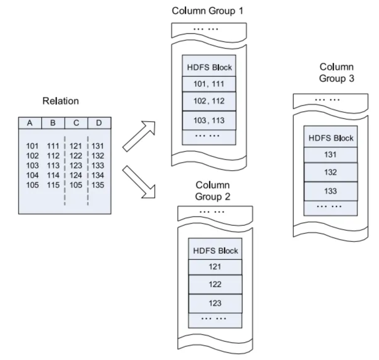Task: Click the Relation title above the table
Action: pyautogui.click(x=61, y=101)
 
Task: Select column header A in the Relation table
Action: pyautogui.click(x=29, y=123)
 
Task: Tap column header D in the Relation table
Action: pyautogui.click(x=99, y=123)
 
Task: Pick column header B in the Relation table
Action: pyautogui.click(x=53, y=123)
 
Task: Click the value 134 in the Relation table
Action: pyautogui.click(x=98, y=175)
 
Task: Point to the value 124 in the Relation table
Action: pyautogui.click(x=76, y=175)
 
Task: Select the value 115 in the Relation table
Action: pyautogui.click(x=53, y=185)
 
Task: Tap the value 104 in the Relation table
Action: pyautogui.click(x=32, y=175)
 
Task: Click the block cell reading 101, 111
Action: pyautogui.click(x=209, y=84)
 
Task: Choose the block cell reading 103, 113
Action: pyautogui.click(x=209, y=121)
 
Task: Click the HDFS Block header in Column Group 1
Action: pyautogui.click(x=209, y=67)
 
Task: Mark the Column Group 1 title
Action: pyautogui.click(x=208, y=11)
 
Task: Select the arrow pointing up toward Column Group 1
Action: pyautogui.click(x=139, y=135)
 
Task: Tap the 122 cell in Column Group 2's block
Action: pyautogui.click(x=215, y=285)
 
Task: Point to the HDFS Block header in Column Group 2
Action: pyautogui.click(x=215, y=251)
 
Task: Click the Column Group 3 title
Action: pyautogui.click(x=336, y=72)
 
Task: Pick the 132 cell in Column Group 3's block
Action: pyautogui.click(x=331, y=172)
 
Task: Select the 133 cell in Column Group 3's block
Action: pyautogui.click(x=331, y=191)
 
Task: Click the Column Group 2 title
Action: pyautogui.click(x=213, y=191)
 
